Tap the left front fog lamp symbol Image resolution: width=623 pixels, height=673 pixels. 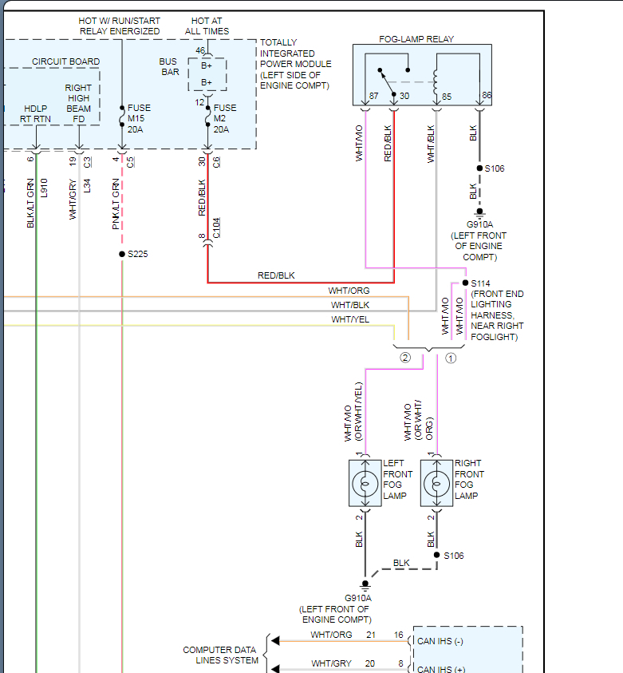365,483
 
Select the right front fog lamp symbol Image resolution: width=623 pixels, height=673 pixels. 437,483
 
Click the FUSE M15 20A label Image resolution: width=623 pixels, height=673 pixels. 139,119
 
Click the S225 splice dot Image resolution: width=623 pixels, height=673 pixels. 121,254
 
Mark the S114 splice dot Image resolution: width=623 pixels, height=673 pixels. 465,283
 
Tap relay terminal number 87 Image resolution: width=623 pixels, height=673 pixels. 373,97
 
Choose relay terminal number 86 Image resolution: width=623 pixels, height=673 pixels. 487,96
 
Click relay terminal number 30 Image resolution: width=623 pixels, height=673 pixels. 404,97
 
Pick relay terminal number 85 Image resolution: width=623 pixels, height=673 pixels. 448,97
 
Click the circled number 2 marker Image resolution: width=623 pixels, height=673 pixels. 405,358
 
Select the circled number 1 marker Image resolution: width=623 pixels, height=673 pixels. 451,358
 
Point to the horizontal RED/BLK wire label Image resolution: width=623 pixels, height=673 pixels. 276,275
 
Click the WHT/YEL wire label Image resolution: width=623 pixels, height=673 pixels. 350,319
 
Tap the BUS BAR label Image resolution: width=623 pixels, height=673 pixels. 168,67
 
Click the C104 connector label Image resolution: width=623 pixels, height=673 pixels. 216,228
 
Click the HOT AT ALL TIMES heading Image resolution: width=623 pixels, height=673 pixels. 206,26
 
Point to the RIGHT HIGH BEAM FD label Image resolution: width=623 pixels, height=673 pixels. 78,103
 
